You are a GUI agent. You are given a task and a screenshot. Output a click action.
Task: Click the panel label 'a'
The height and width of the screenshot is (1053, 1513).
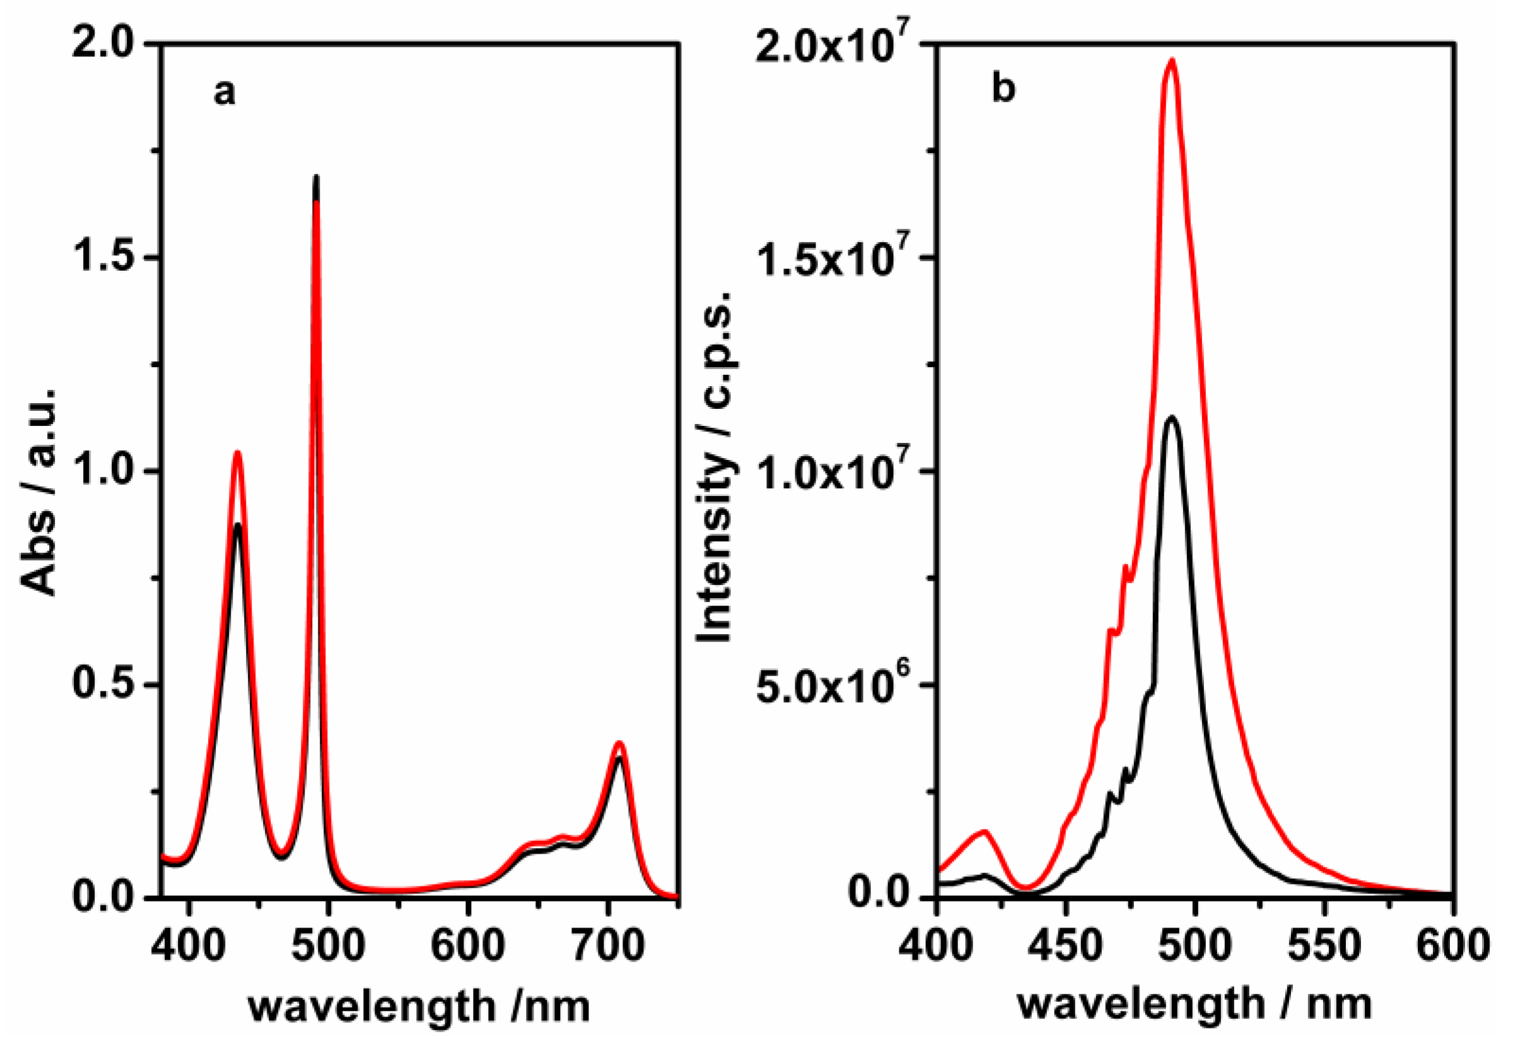coord(224,93)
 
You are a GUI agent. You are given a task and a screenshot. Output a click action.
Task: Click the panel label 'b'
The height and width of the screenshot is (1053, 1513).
coord(1003,90)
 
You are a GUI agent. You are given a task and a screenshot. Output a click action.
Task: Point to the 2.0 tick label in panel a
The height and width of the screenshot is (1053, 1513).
coord(105,45)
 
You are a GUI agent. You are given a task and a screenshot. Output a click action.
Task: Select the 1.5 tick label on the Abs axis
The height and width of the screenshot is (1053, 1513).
coord(105,258)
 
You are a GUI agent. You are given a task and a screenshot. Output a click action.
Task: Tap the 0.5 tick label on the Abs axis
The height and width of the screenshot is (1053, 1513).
coord(105,685)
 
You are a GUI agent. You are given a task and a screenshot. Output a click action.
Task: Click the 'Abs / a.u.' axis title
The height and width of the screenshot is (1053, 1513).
coord(40,491)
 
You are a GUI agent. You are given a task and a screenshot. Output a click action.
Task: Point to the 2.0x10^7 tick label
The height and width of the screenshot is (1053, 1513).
coord(836,45)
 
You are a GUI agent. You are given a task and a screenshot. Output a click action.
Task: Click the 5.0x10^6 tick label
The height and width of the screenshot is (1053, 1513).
coord(836,685)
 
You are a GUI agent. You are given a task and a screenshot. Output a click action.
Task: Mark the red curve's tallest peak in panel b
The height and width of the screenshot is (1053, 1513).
coord(1172,61)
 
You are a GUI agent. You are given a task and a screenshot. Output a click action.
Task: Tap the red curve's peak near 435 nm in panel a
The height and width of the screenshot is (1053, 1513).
coord(237,453)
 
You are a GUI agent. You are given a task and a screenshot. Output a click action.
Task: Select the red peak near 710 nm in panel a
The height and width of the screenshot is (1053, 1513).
coord(619,743)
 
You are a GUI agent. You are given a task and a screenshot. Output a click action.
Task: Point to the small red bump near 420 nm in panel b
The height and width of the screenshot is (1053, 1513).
coord(984,832)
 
